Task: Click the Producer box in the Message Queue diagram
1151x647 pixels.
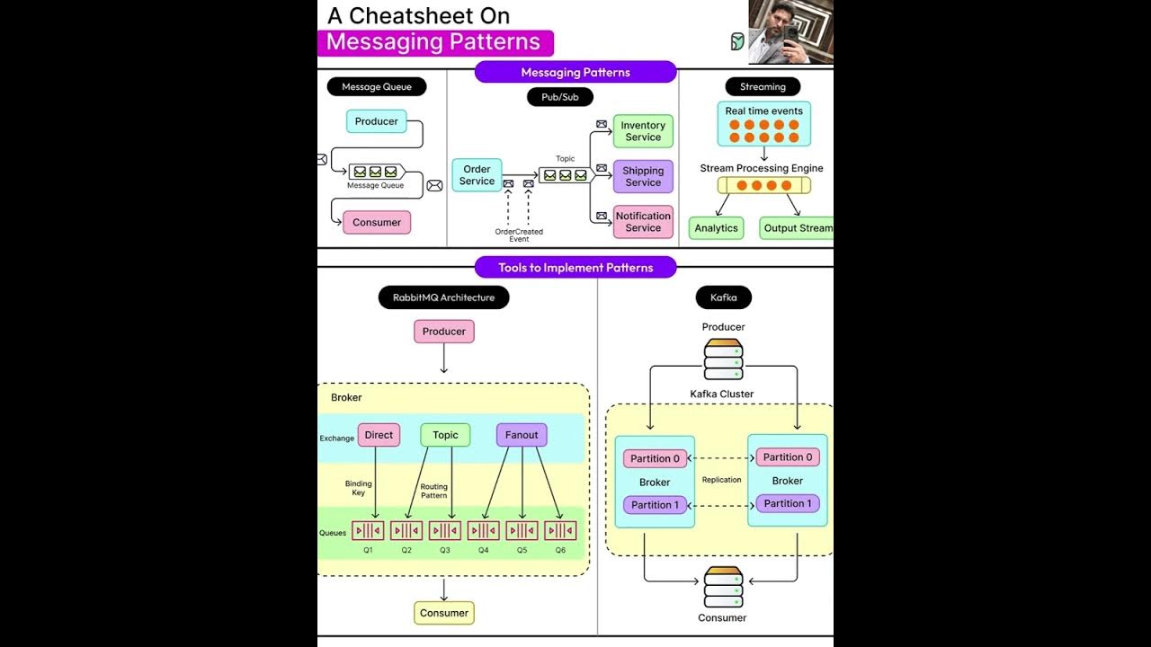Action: (x=376, y=121)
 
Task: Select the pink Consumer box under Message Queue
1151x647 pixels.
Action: (x=377, y=222)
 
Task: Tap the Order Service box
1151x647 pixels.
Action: (x=477, y=175)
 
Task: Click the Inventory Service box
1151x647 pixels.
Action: (x=643, y=131)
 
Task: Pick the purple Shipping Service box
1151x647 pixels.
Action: (x=643, y=176)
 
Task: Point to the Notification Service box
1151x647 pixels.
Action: (x=643, y=222)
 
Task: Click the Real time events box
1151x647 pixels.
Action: (x=763, y=124)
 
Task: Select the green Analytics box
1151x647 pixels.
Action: (x=716, y=228)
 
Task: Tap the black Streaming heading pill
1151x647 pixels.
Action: (x=763, y=87)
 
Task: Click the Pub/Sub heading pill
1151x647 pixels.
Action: (x=559, y=97)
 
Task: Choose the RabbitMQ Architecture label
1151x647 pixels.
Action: (x=443, y=297)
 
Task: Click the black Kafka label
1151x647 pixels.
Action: (x=723, y=297)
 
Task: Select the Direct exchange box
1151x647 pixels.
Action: (x=379, y=435)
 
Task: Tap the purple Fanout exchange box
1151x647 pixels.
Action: (x=522, y=435)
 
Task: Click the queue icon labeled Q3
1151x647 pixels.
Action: (x=445, y=531)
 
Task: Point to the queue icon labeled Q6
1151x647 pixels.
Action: (x=560, y=531)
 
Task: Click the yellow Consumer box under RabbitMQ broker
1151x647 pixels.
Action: (x=444, y=613)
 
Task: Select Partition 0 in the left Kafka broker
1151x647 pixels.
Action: (x=655, y=458)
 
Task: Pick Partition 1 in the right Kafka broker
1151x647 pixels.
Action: (x=787, y=503)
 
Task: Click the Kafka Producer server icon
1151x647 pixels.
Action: (x=723, y=359)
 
